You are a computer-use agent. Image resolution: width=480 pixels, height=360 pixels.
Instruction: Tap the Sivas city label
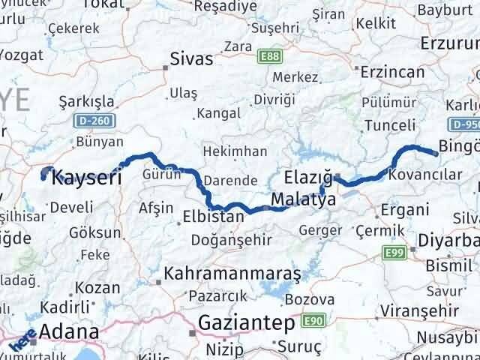point(192,59)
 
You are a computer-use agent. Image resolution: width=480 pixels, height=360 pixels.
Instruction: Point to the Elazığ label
point(309,178)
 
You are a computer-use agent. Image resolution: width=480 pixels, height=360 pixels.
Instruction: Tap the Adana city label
point(68,331)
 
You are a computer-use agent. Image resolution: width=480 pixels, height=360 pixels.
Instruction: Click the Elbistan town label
point(214,217)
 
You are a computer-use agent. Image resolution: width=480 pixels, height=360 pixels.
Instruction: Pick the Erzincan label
point(391,73)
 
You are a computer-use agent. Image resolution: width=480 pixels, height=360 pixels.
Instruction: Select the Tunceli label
point(384,124)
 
